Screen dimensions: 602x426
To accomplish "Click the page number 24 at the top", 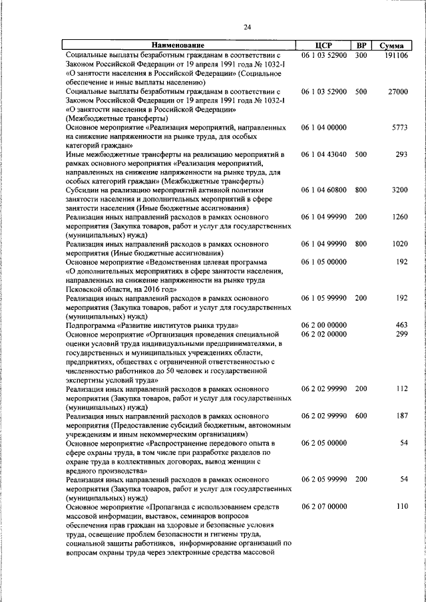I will tap(247, 27).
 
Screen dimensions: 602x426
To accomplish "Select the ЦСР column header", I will tap(323, 45).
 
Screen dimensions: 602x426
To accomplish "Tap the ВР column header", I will tap(361, 45).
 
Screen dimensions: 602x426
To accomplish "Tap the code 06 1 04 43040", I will tap(323, 154).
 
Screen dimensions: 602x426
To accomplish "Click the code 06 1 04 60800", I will tap(323, 190).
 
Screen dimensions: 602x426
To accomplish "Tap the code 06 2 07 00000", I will tap(323, 506).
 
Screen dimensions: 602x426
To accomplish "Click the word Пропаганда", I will tap(174, 506).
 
